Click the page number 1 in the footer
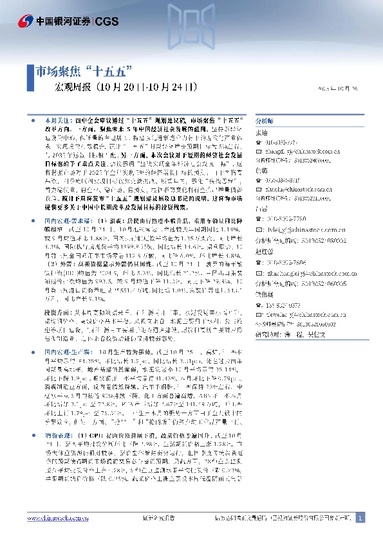click(360, 519)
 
